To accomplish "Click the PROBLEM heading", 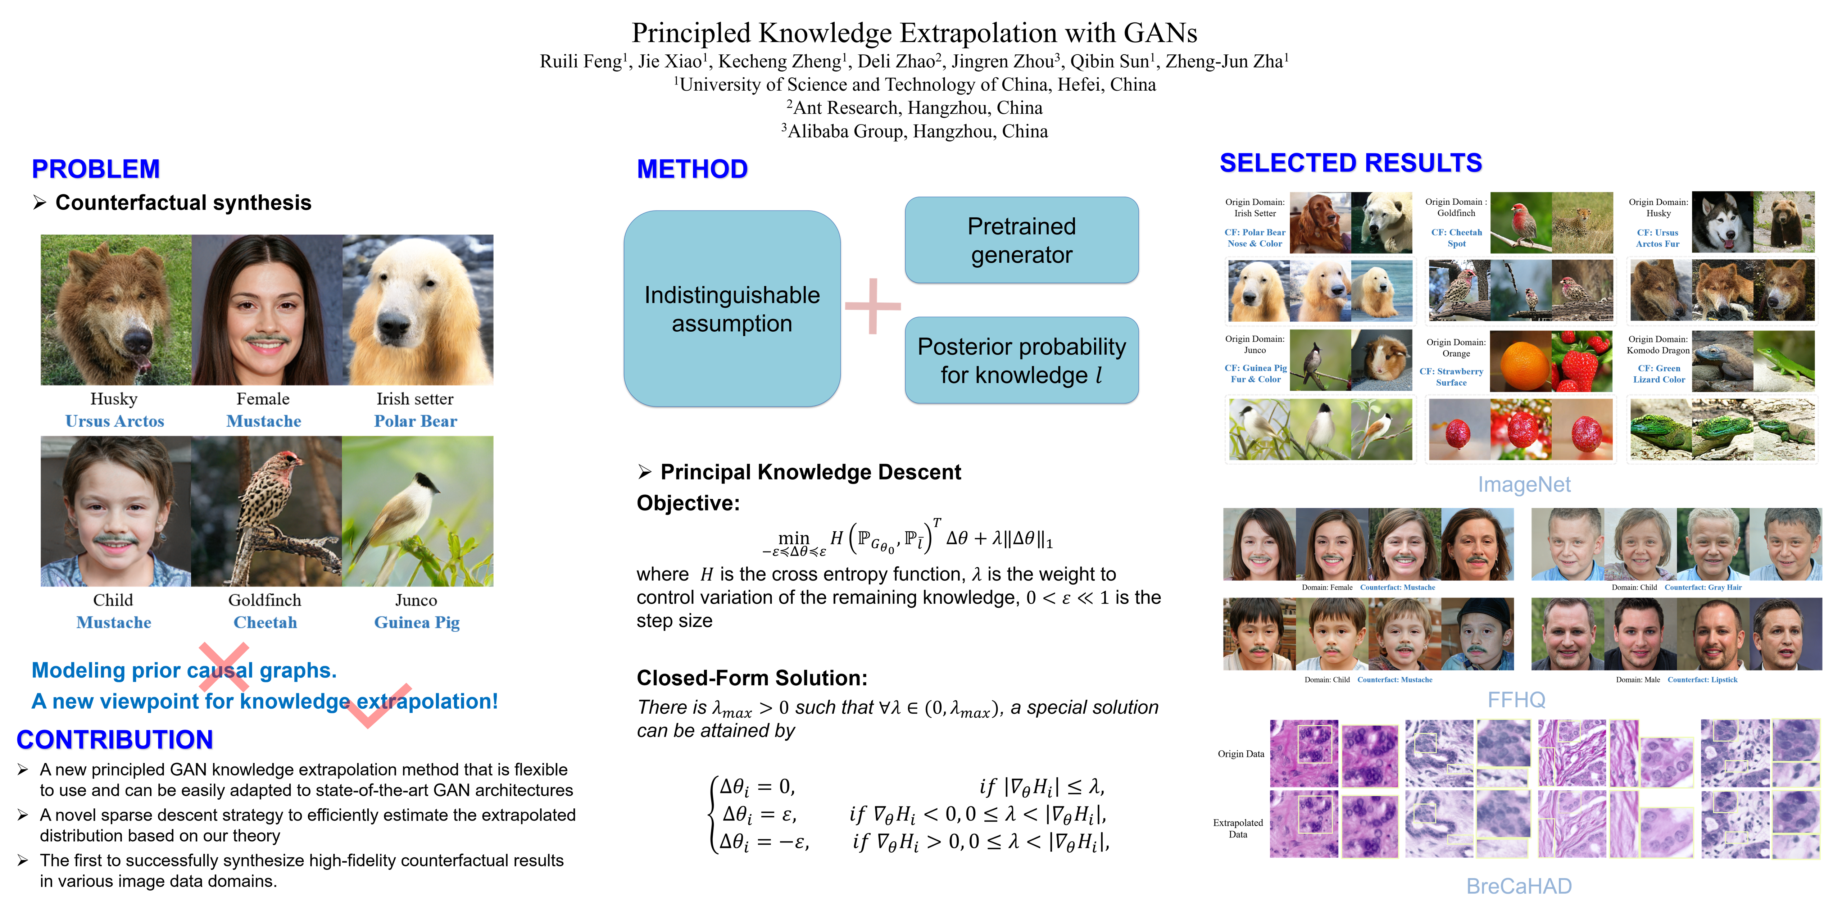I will pos(96,169).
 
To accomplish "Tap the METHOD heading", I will pos(693,169).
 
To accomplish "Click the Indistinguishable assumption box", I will pos(731,309).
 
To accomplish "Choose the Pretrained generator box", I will pos(1021,240).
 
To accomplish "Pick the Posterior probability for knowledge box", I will pos(1021,360).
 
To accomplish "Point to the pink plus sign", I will pos(872,306).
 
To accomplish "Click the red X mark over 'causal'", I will pos(224,666).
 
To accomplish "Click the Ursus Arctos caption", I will pos(114,421).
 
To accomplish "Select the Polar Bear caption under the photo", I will pos(416,421).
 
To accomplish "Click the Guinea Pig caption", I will pos(417,623).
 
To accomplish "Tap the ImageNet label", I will pos(1524,485).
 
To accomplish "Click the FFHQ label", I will pos(1516,700).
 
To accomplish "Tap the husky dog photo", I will pos(1721,222).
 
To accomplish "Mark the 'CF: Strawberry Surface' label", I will pos(1452,377).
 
